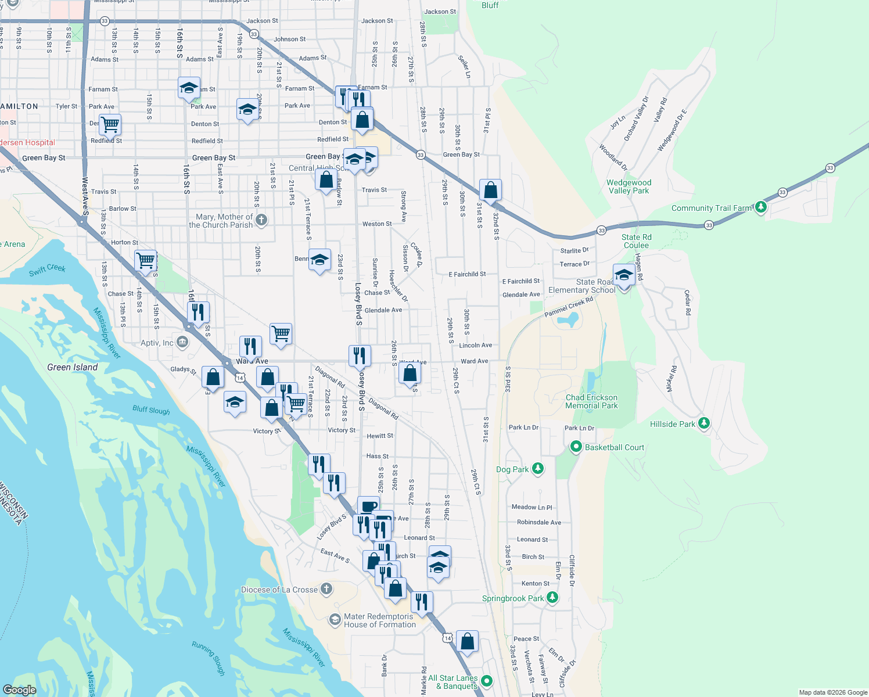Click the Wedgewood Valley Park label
[629, 186]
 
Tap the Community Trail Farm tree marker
[760, 207]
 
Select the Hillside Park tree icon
[704, 423]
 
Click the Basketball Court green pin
[576, 447]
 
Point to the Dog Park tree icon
[538, 469]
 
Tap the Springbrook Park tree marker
[552, 598]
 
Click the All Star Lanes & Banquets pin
[487, 681]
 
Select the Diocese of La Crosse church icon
[326, 589]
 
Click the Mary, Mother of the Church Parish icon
[261, 220]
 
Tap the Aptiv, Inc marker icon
[182, 342]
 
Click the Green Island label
[73, 367]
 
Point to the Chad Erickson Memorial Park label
[591, 401]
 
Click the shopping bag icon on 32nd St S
[490, 190]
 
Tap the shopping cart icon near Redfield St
[109, 124]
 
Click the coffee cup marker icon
[368, 506]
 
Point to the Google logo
[20, 689]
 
